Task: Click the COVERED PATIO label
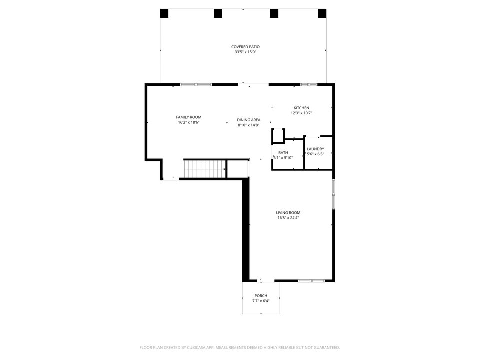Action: [245, 47]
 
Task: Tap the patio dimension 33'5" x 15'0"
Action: [245, 52]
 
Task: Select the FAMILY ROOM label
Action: [188, 117]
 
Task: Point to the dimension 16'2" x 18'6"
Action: [188, 123]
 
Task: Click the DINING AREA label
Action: [248, 120]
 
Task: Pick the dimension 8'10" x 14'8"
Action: [248, 125]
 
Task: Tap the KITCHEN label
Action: [301, 108]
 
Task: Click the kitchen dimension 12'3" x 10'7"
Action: [301, 113]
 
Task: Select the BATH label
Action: [283, 153]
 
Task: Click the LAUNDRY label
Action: [315, 149]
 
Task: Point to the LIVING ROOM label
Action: [288, 212]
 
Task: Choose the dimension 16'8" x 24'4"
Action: [288, 218]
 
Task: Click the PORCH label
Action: [261, 296]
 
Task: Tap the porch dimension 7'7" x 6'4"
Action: [261, 301]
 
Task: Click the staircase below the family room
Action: [205, 169]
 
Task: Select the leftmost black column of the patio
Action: [164, 13]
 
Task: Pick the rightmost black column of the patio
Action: [322, 13]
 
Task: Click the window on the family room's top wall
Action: [196, 84]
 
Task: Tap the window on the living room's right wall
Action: [333, 194]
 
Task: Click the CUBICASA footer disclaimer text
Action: [240, 347]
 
